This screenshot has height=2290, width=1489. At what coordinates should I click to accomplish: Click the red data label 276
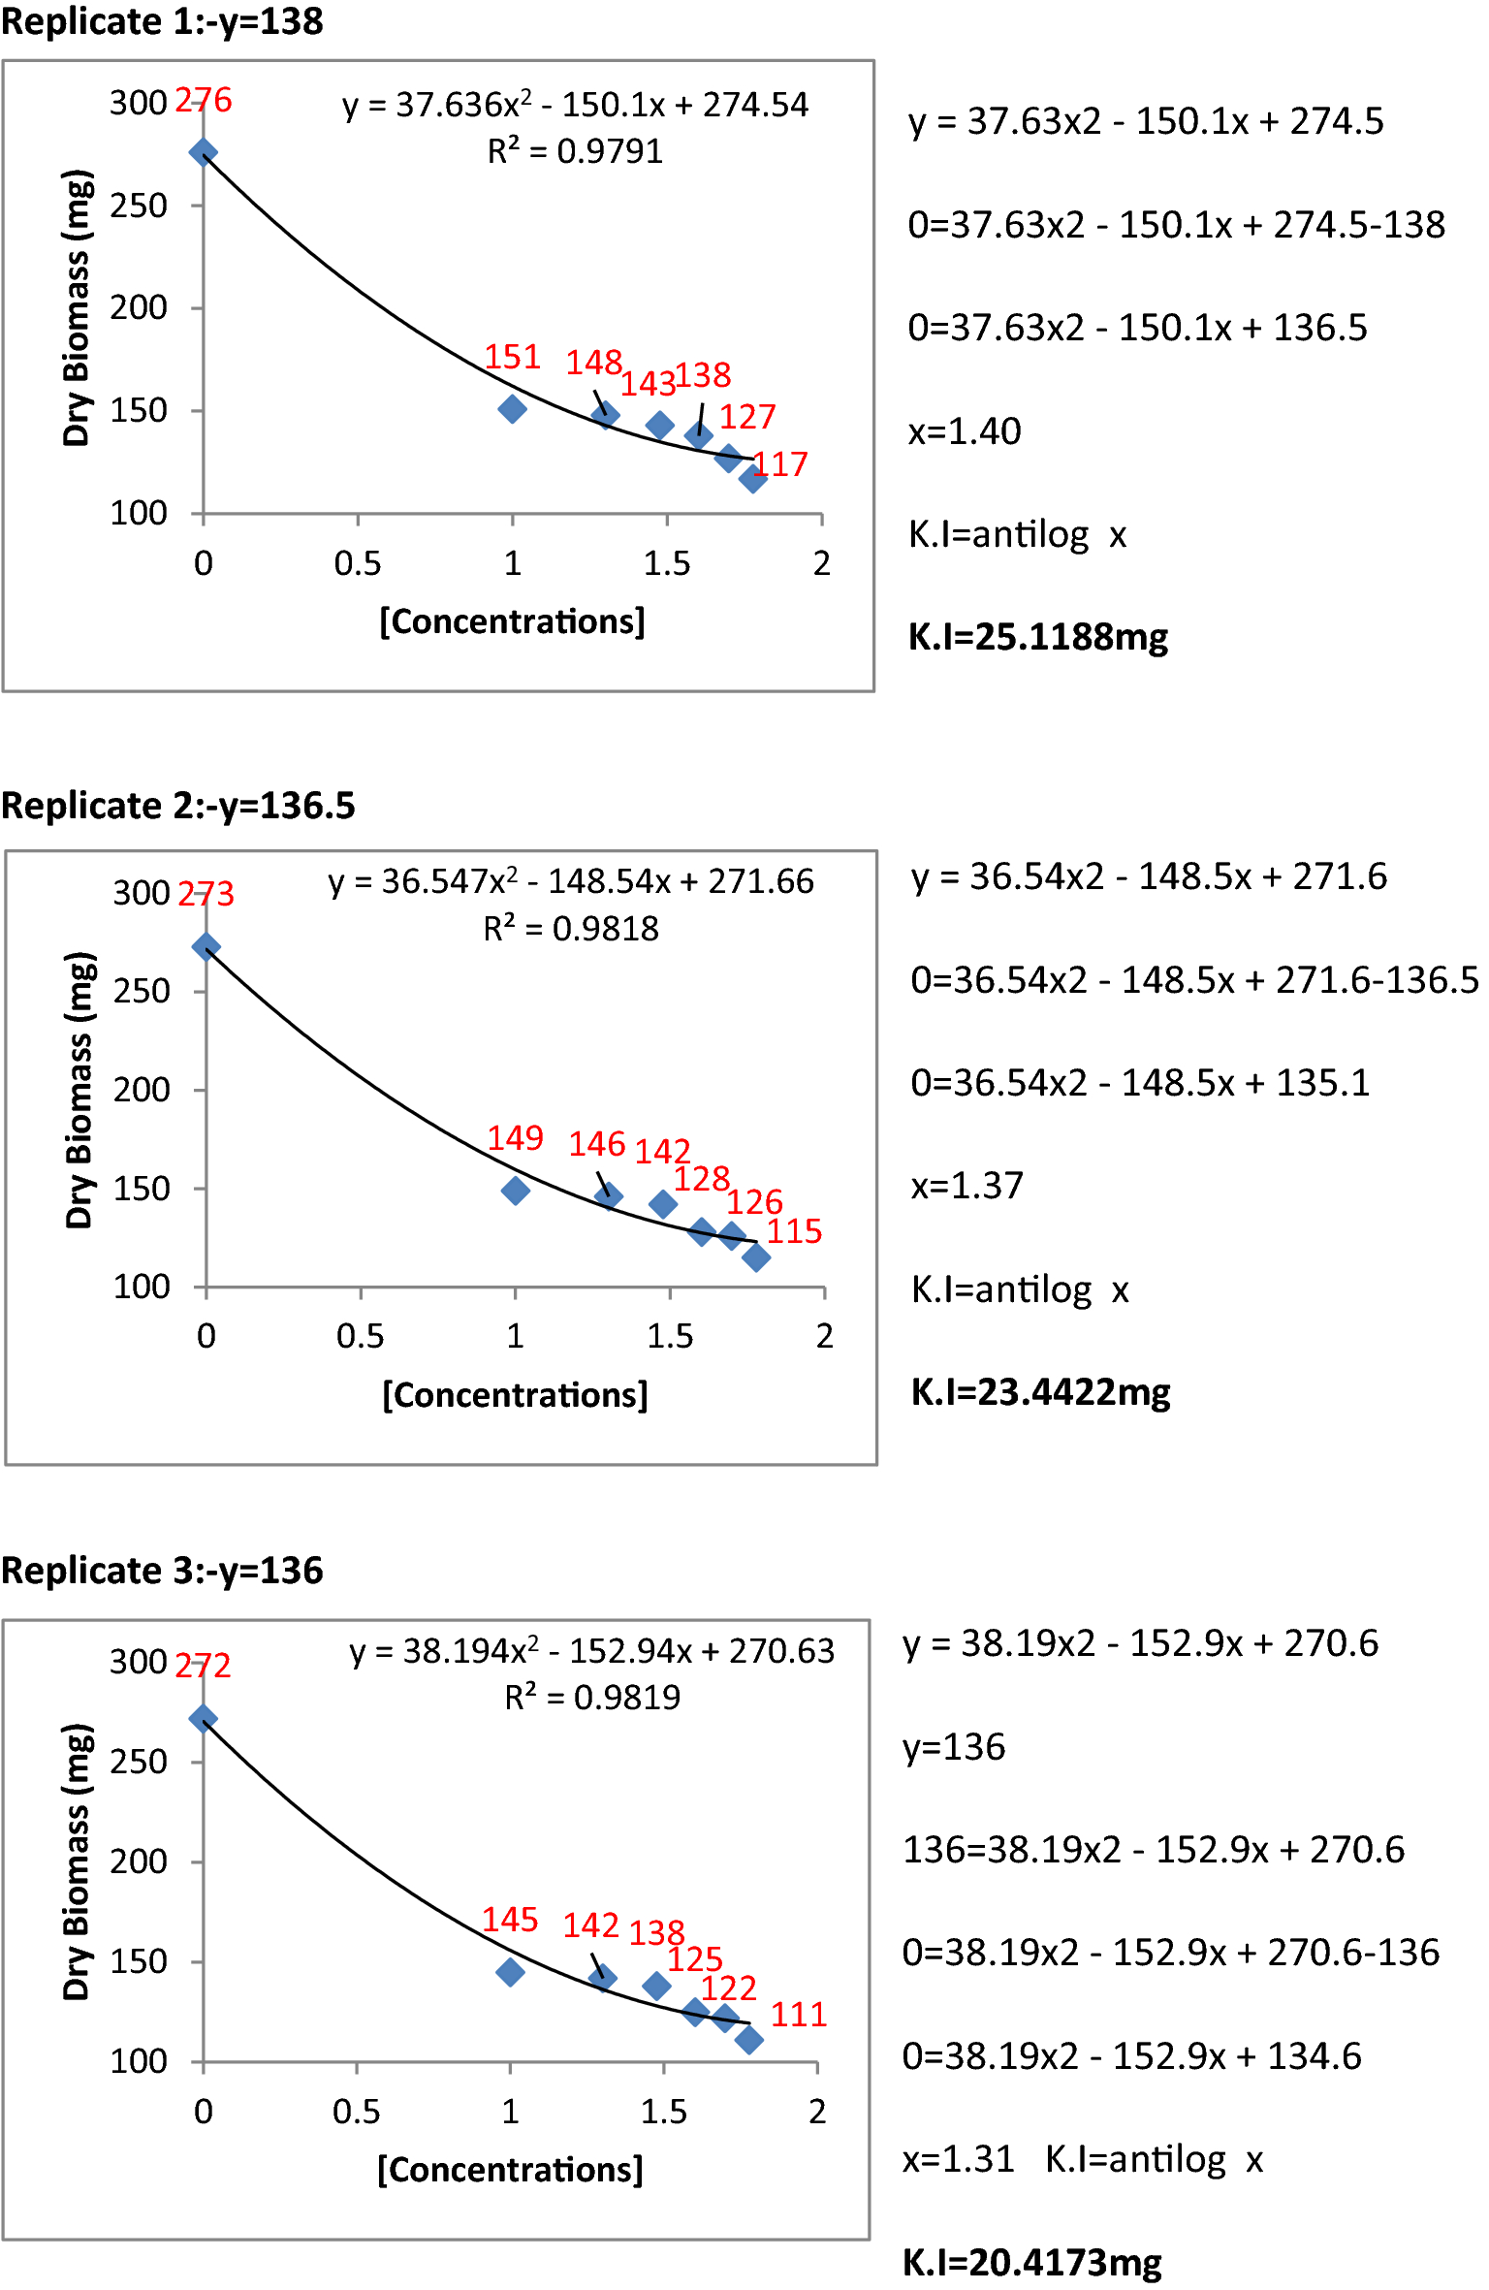(204, 100)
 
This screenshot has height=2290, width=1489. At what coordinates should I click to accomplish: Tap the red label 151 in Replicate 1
(512, 357)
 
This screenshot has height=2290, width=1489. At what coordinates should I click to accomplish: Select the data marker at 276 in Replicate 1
(203, 152)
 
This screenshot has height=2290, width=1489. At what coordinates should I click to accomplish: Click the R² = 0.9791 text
(575, 151)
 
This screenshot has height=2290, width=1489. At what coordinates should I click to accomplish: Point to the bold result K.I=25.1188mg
(1037, 637)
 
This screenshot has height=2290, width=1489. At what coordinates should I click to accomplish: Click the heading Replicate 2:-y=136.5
(178, 806)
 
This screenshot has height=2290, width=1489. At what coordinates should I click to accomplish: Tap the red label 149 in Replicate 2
(515, 1137)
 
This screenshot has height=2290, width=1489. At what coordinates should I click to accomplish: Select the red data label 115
(794, 1231)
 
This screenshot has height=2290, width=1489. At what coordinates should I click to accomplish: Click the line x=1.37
(966, 1186)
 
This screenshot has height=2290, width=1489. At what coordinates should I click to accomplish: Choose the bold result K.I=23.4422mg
(1040, 1392)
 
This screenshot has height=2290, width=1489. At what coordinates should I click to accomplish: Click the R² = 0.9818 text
(571, 929)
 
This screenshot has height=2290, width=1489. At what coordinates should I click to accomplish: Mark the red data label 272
(204, 1666)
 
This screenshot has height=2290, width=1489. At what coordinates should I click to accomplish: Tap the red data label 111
(798, 2015)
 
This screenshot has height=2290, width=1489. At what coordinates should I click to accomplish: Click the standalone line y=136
(954, 1747)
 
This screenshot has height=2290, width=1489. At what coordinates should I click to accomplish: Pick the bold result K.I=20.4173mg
(1031, 2263)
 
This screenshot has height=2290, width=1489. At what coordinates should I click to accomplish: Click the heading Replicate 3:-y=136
(162, 1571)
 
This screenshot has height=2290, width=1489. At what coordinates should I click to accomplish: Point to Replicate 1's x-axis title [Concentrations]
(512, 621)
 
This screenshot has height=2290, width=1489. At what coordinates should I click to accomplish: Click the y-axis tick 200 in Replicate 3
(139, 1861)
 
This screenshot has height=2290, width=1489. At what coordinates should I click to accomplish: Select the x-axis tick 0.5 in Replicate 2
(360, 1336)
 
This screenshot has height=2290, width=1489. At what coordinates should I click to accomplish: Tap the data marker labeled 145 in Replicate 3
(510, 1972)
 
